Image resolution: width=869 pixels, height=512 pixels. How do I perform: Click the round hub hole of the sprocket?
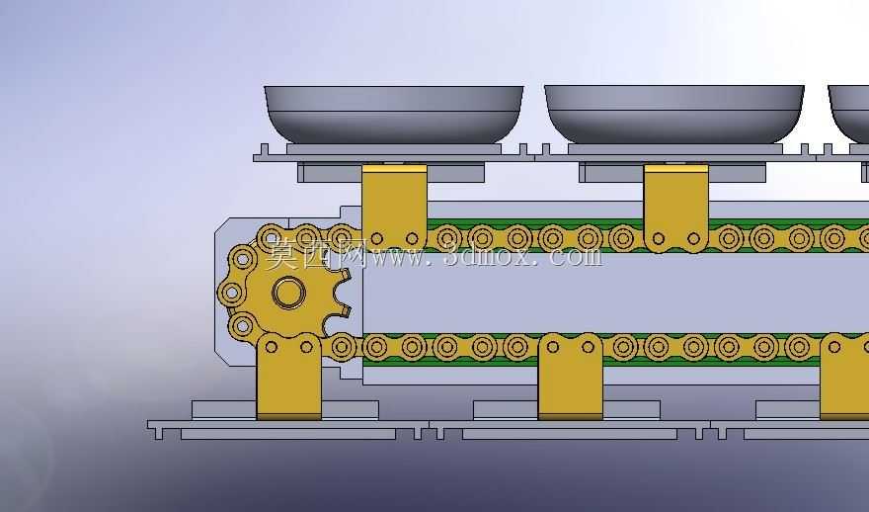(x=288, y=293)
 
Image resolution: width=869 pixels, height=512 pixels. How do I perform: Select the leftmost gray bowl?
(x=393, y=115)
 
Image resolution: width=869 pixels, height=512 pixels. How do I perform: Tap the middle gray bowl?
(x=673, y=115)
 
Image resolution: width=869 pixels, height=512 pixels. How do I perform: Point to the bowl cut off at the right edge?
(x=849, y=115)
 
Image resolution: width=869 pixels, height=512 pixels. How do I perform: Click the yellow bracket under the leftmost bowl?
(x=394, y=207)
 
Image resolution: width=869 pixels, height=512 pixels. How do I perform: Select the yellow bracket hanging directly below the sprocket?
(x=288, y=377)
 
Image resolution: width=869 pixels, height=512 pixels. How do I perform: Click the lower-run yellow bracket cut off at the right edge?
(x=844, y=377)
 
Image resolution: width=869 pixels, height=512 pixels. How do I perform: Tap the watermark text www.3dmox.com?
(x=487, y=256)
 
